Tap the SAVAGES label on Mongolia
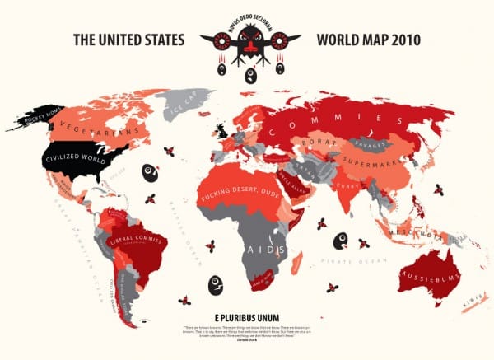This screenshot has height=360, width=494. (x=369, y=143)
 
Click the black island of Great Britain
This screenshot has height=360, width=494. (x=221, y=132)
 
